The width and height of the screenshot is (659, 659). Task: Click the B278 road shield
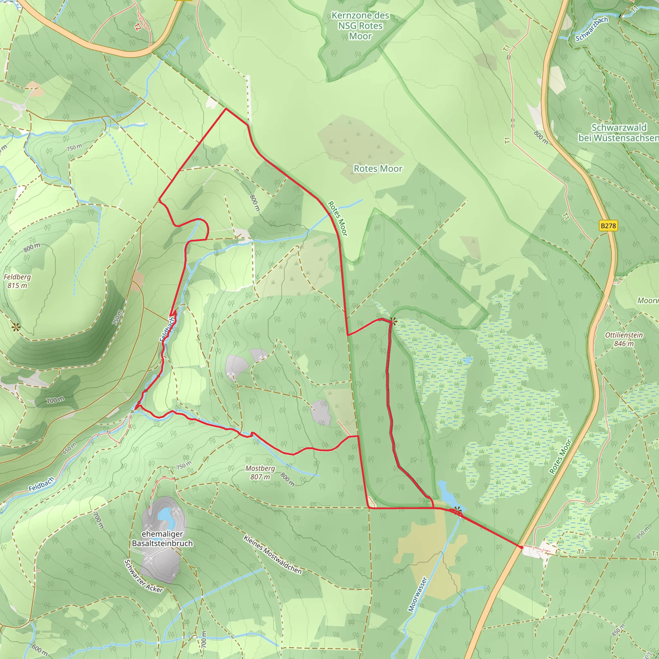pos(608,226)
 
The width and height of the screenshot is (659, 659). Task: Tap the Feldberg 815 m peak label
pos(17,281)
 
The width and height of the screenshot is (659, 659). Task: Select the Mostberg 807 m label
pos(260,472)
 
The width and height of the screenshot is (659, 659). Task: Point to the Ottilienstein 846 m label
pos(624,339)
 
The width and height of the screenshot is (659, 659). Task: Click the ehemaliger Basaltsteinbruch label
pos(162,539)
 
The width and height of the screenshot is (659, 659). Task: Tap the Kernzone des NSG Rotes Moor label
pos(360,26)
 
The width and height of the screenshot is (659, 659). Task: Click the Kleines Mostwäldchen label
pos(273,554)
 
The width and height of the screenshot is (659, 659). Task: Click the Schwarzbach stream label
pos(591,29)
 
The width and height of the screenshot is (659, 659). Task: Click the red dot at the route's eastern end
pos(522,547)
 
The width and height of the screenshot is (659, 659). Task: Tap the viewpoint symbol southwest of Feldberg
pos(16,328)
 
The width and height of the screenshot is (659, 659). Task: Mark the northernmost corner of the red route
pos(226,108)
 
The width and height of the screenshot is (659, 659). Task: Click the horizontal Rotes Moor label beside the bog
pos(378,169)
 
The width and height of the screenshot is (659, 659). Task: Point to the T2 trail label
pos(137,27)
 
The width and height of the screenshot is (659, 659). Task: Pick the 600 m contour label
pos(40,649)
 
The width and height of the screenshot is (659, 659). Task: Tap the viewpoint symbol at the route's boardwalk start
pos(393,321)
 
